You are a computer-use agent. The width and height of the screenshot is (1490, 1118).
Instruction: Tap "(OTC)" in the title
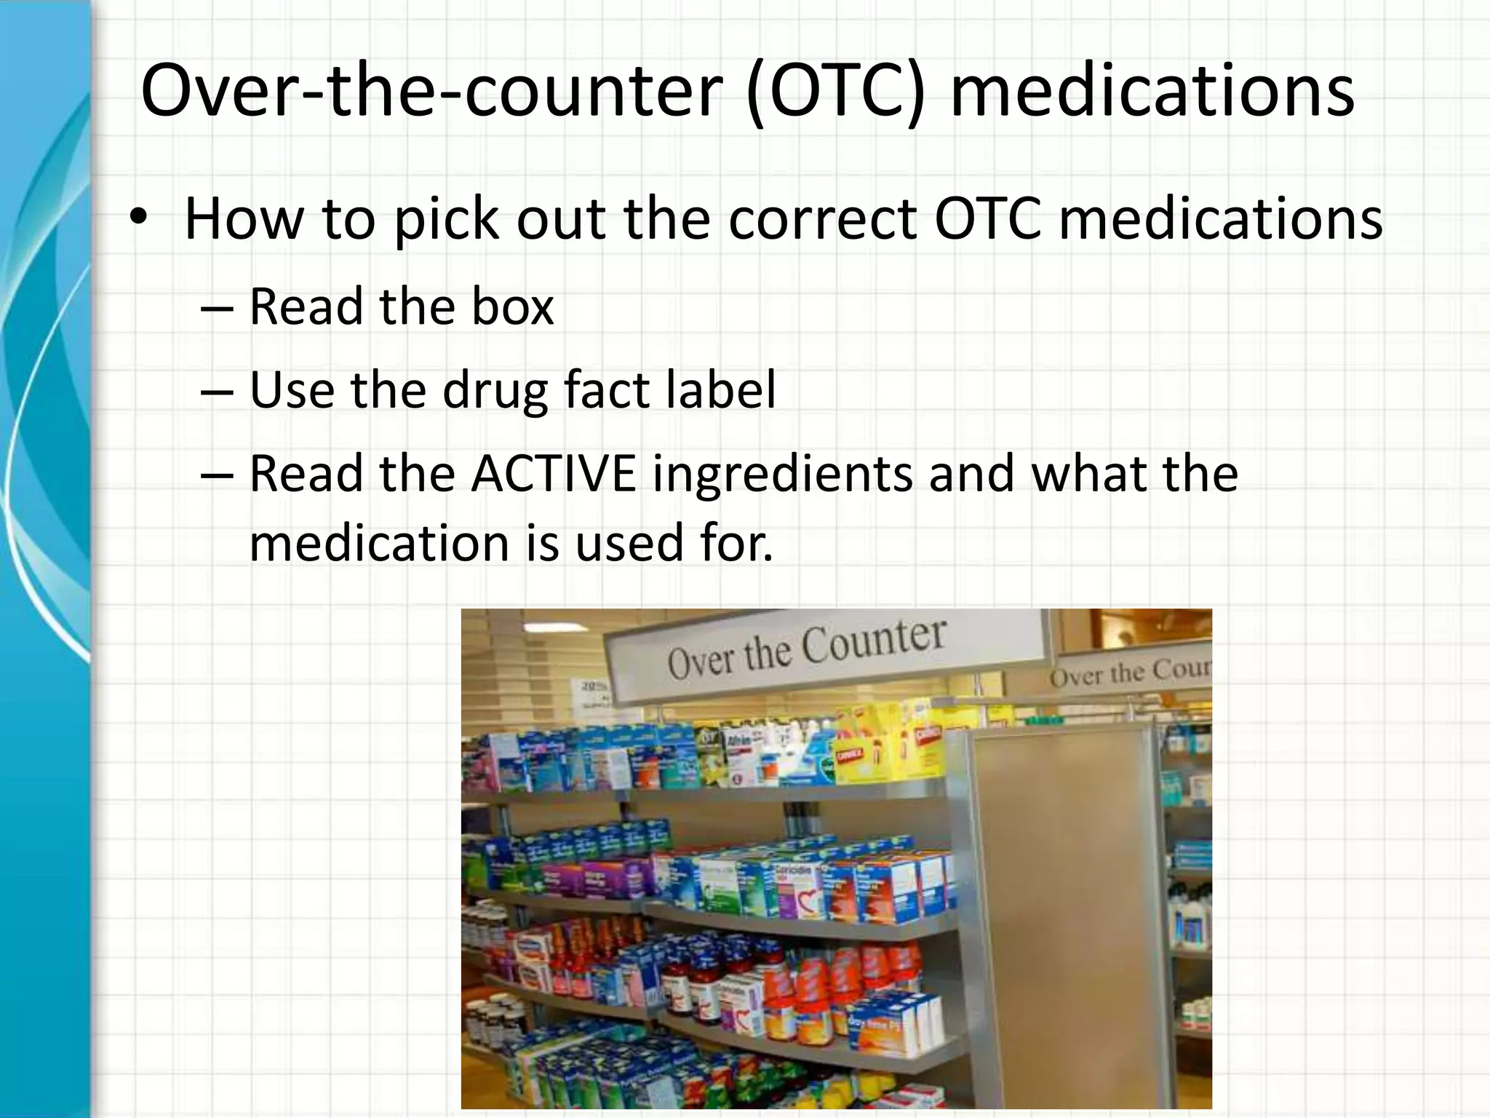pos(837,91)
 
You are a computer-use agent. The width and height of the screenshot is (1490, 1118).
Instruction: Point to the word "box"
pos(512,306)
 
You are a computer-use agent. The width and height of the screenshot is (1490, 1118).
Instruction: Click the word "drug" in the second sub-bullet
pos(495,392)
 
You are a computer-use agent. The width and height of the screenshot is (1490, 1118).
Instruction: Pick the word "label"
pos(721,390)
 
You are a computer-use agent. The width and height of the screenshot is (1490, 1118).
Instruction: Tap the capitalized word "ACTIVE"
pos(554,474)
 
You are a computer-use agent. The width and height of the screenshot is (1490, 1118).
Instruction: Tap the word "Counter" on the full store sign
pos(873,641)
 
